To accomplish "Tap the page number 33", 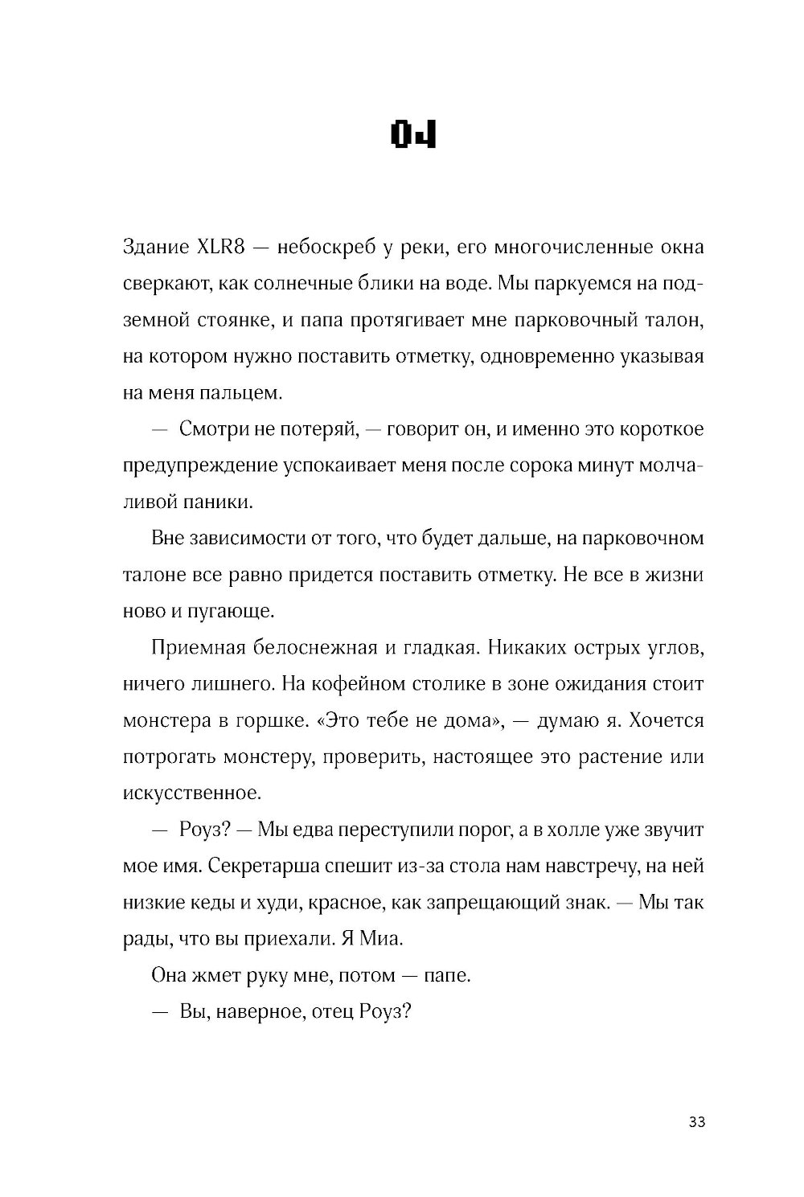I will (696, 1122).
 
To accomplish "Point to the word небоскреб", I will (326, 247).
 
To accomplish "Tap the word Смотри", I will (212, 429).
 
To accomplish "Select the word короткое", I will (662, 429).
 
